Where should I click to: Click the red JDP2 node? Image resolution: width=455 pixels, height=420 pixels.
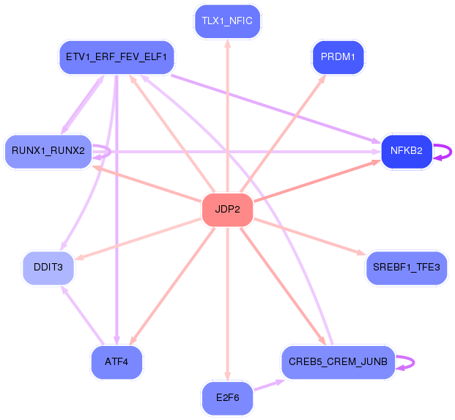227,210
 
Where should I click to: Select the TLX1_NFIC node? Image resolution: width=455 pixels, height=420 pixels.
227,21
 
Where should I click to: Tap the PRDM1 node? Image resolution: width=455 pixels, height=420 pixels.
338,57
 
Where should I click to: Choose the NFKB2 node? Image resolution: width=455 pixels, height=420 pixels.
406,151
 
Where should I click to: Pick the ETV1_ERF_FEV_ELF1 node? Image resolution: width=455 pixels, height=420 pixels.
116,56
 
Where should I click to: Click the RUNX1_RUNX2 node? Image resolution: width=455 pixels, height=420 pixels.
48,152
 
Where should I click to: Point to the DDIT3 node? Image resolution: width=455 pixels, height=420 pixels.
48,268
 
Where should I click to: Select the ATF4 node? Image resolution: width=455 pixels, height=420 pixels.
116,362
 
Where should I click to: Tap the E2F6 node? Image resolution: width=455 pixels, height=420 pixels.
227,399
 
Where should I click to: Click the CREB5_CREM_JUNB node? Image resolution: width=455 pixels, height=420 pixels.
338,362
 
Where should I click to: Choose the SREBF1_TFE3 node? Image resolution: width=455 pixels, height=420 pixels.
406,268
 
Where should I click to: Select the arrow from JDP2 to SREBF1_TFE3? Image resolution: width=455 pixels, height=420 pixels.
308,236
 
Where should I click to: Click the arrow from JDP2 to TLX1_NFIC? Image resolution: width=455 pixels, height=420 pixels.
227,117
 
